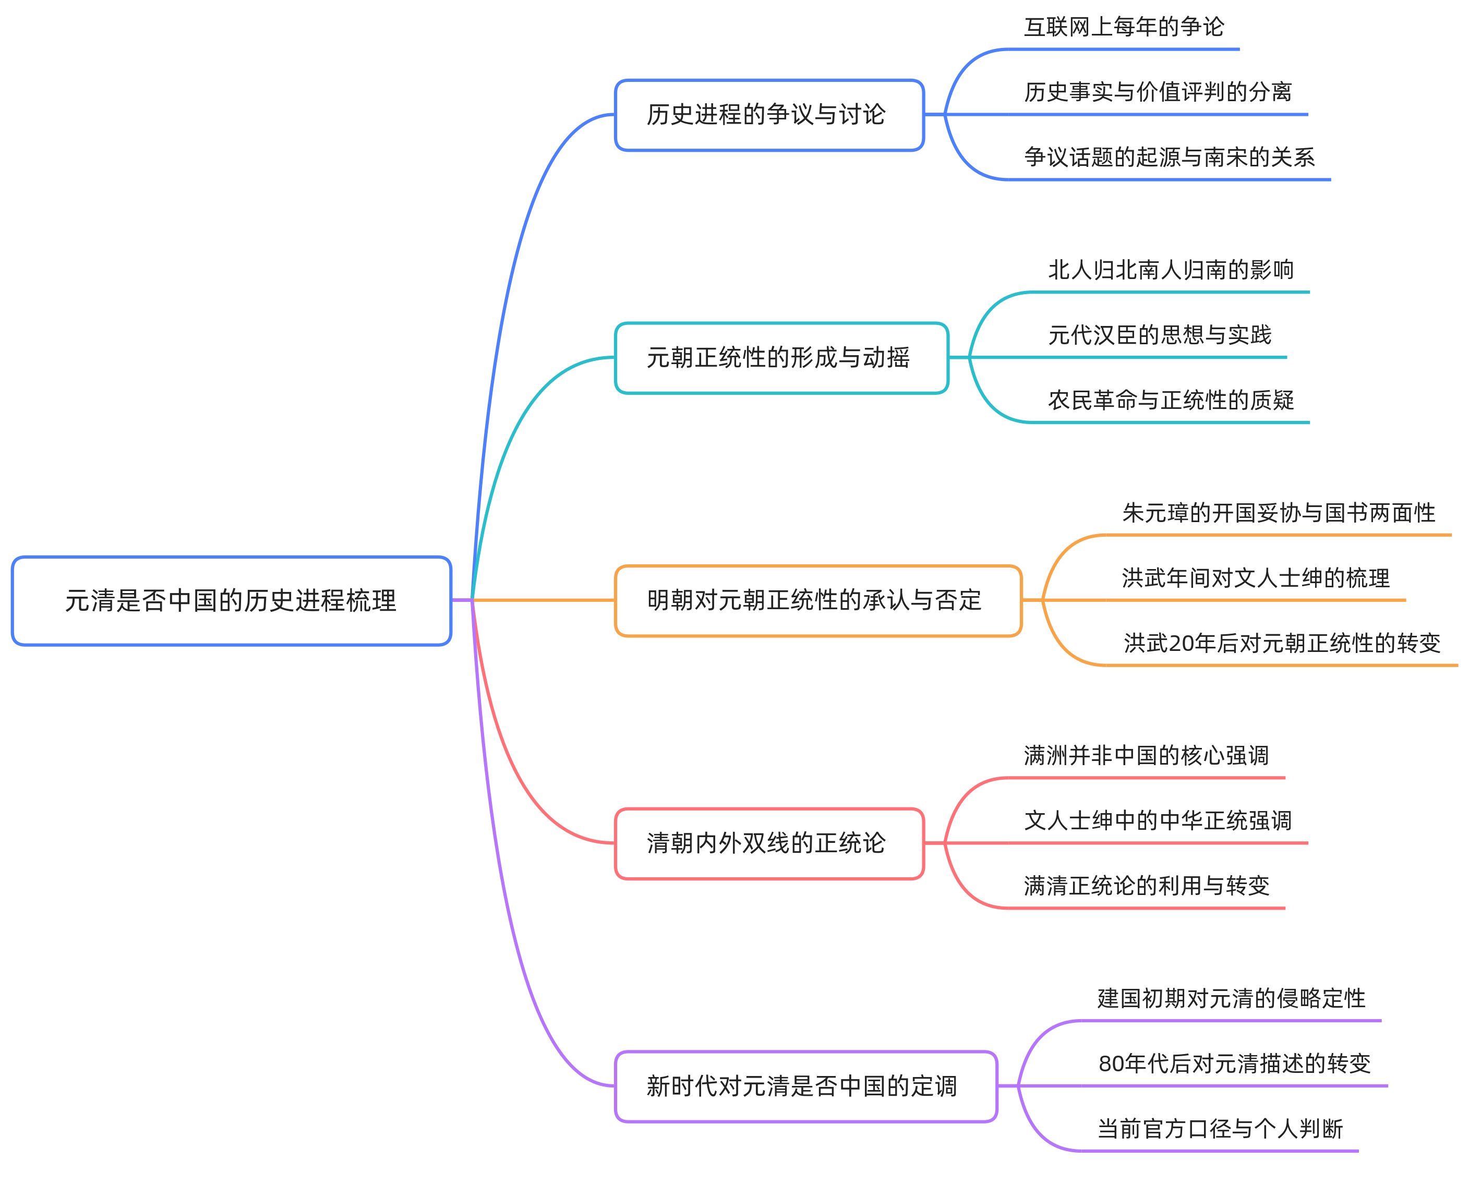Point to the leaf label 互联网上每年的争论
1124,27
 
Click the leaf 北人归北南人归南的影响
1171,270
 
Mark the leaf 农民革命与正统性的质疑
1171,401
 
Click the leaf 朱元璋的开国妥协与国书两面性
1278,513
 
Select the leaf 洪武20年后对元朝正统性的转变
1281,643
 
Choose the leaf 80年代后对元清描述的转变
1234,1063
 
